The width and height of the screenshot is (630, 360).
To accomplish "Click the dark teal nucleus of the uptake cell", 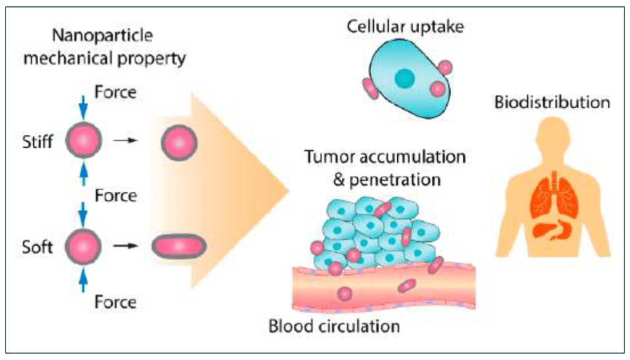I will pos(405,77).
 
